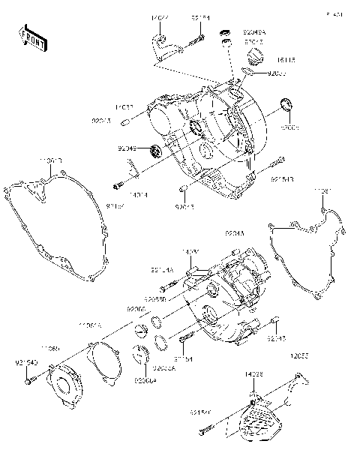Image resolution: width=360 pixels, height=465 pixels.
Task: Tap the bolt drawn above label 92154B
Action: click(277, 162)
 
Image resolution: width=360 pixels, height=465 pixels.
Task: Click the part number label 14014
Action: click(138, 195)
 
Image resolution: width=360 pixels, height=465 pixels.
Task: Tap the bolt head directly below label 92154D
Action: click(28, 382)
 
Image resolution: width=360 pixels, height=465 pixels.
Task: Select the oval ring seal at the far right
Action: click(286, 104)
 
